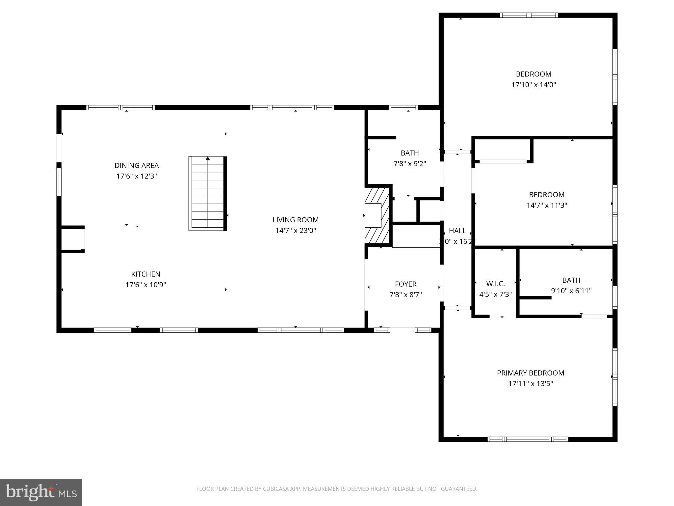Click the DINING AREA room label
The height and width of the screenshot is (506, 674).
click(x=137, y=165)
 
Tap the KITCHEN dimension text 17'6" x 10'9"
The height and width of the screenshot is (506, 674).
click(x=145, y=285)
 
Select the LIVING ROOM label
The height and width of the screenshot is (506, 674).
click(x=296, y=220)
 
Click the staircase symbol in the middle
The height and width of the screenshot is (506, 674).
click(x=207, y=194)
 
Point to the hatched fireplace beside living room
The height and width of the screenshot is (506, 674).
click(x=377, y=216)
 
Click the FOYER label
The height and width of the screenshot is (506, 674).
click(x=405, y=284)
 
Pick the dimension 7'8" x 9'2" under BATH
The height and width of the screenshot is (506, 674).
click(x=410, y=164)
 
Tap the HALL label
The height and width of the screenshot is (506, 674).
click(x=457, y=231)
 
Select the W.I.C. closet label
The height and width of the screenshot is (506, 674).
click(x=495, y=284)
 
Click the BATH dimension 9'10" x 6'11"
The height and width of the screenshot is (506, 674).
click(x=571, y=291)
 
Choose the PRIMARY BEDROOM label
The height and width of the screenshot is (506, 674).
click(x=531, y=373)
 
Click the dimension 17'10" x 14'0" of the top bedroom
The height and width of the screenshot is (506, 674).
click(x=533, y=85)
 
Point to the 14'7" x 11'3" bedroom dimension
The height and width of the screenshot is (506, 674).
click(x=547, y=205)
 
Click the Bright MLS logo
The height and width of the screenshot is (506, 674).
click(x=41, y=492)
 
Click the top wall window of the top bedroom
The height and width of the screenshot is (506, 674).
click(x=529, y=15)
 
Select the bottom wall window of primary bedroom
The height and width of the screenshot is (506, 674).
click(x=528, y=439)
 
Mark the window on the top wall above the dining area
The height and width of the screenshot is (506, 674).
click(x=120, y=107)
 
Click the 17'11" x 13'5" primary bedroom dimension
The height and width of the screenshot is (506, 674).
click(x=531, y=383)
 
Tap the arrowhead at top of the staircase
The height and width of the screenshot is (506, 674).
click(x=208, y=158)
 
